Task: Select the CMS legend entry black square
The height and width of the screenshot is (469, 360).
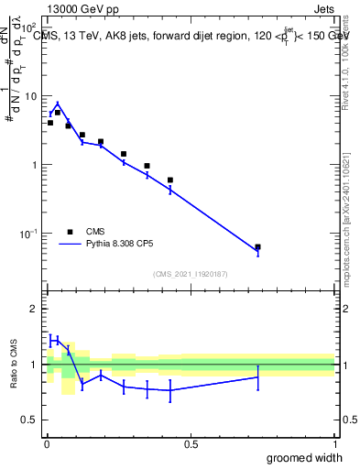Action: coord(69,232)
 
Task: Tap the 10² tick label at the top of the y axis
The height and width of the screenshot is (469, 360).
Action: coord(29,28)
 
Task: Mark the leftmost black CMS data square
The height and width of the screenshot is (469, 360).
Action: coord(50,123)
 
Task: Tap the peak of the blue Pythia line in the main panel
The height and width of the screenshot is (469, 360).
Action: coord(58,104)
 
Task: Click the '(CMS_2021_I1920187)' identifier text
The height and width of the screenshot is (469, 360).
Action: coord(191,274)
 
